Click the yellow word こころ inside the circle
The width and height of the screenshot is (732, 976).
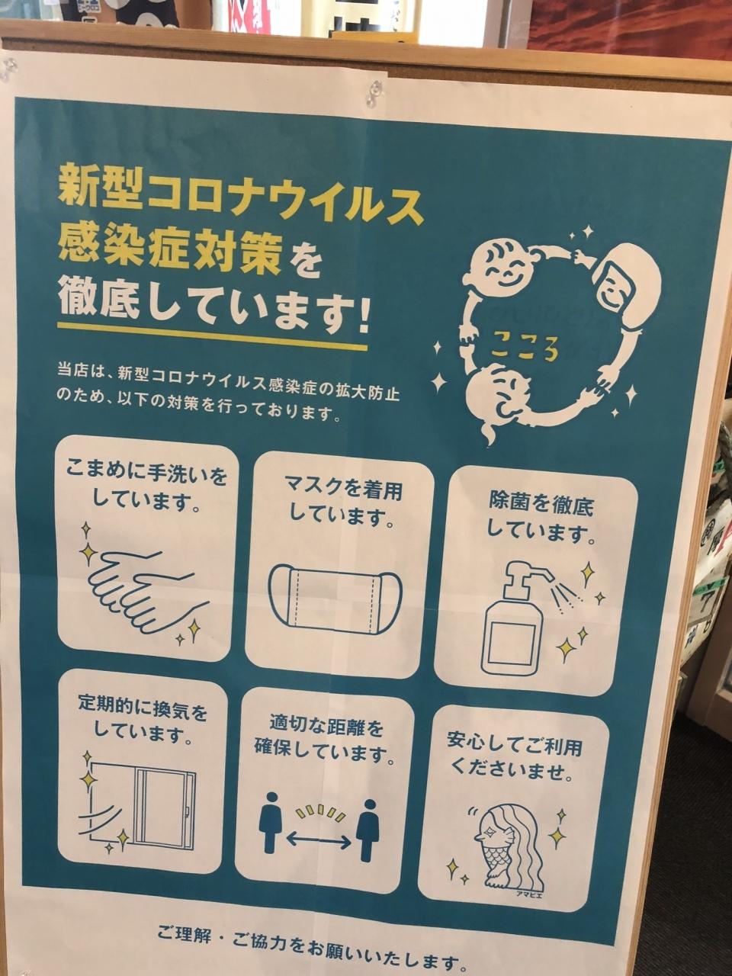click(525, 349)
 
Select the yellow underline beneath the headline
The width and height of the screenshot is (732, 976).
click(212, 335)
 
